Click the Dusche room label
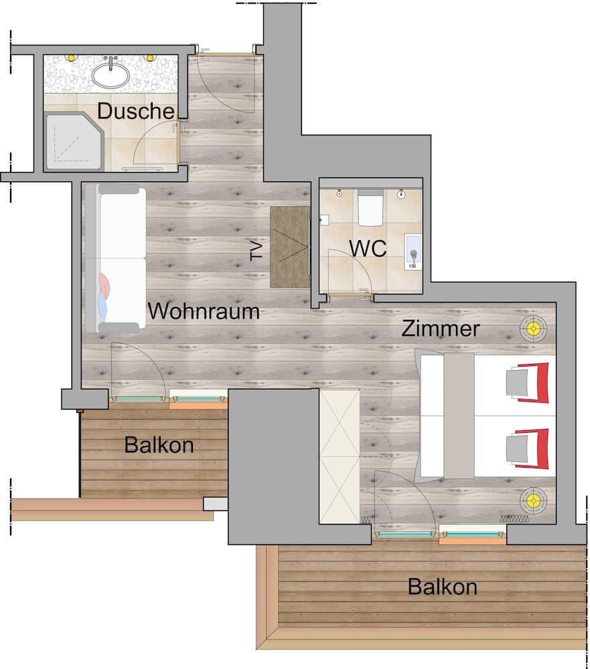pyautogui.click(x=136, y=111)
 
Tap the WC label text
pyautogui.click(x=368, y=248)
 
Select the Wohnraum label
pyautogui.click(x=204, y=311)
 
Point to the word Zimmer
pyautogui.click(x=441, y=328)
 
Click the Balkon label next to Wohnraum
pyautogui.click(x=159, y=445)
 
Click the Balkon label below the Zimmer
pyautogui.click(x=443, y=587)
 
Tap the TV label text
pyautogui.click(x=256, y=251)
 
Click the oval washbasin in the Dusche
pyautogui.click(x=110, y=75)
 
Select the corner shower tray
pyautogui.click(x=74, y=141)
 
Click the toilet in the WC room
pyautogui.click(x=370, y=208)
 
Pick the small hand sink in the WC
pyautogui.click(x=413, y=252)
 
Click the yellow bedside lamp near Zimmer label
pyautogui.click(x=533, y=328)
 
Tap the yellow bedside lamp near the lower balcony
pyautogui.click(x=533, y=500)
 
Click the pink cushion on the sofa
pyautogui.click(x=104, y=284)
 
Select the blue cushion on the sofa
pyautogui.click(x=102, y=306)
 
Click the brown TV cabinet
pyautogui.click(x=290, y=247)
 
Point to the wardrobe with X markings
pyautogui.click(x=340, y=456)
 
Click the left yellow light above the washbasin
pyautogui.click(x=71, y=57)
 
